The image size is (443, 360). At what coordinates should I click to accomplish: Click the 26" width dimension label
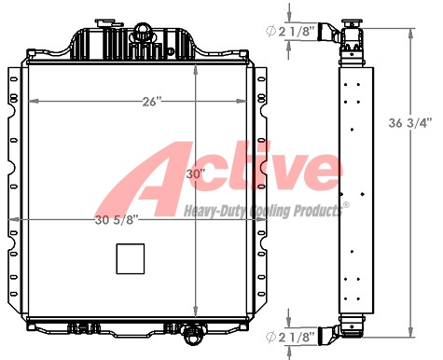[152, 102]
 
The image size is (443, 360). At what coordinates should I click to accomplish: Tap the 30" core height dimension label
[195, 174]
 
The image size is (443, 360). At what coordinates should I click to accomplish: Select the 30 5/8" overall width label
[117, 220]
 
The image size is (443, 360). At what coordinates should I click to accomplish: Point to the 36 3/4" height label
[410, 123]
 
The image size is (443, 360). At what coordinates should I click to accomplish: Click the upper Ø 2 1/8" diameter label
[290, 32]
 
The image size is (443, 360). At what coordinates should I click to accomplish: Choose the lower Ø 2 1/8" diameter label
[290, 337]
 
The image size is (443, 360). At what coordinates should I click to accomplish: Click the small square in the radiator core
[131, 258]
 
